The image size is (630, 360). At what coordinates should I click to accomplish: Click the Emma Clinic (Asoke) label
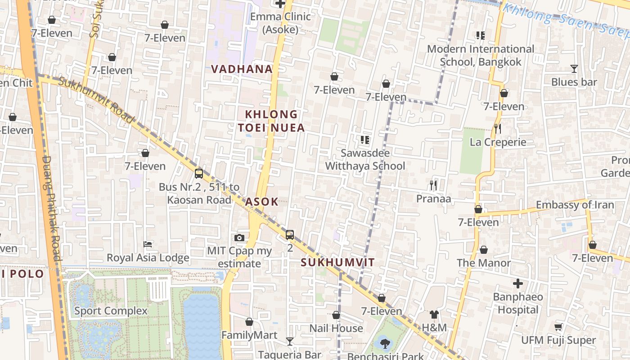280,23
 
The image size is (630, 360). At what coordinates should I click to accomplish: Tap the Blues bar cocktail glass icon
574,69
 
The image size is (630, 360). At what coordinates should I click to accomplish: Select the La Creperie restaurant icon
497,129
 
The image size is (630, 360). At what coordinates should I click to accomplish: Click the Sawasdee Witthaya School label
365,160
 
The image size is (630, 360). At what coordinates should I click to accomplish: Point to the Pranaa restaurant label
433,198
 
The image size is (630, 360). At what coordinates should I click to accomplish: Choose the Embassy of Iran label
575,205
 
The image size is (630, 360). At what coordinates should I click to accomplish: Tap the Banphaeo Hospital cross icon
518,283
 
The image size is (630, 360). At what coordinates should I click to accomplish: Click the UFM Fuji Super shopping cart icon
558,327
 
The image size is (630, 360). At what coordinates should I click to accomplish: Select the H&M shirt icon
434,314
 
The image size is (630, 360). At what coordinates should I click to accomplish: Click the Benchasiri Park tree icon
385,344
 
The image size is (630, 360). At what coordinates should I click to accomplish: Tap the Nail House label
336,328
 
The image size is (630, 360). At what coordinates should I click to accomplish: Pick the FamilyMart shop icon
249,322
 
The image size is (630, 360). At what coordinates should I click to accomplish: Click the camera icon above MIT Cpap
239,238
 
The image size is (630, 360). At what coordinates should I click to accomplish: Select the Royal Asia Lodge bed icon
148,244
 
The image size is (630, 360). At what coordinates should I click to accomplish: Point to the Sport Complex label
111,310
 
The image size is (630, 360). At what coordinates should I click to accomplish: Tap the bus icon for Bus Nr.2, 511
199,174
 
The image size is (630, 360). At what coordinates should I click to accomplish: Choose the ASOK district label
261,202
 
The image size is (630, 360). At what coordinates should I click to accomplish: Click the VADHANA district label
242,69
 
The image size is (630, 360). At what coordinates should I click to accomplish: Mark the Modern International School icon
480,35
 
